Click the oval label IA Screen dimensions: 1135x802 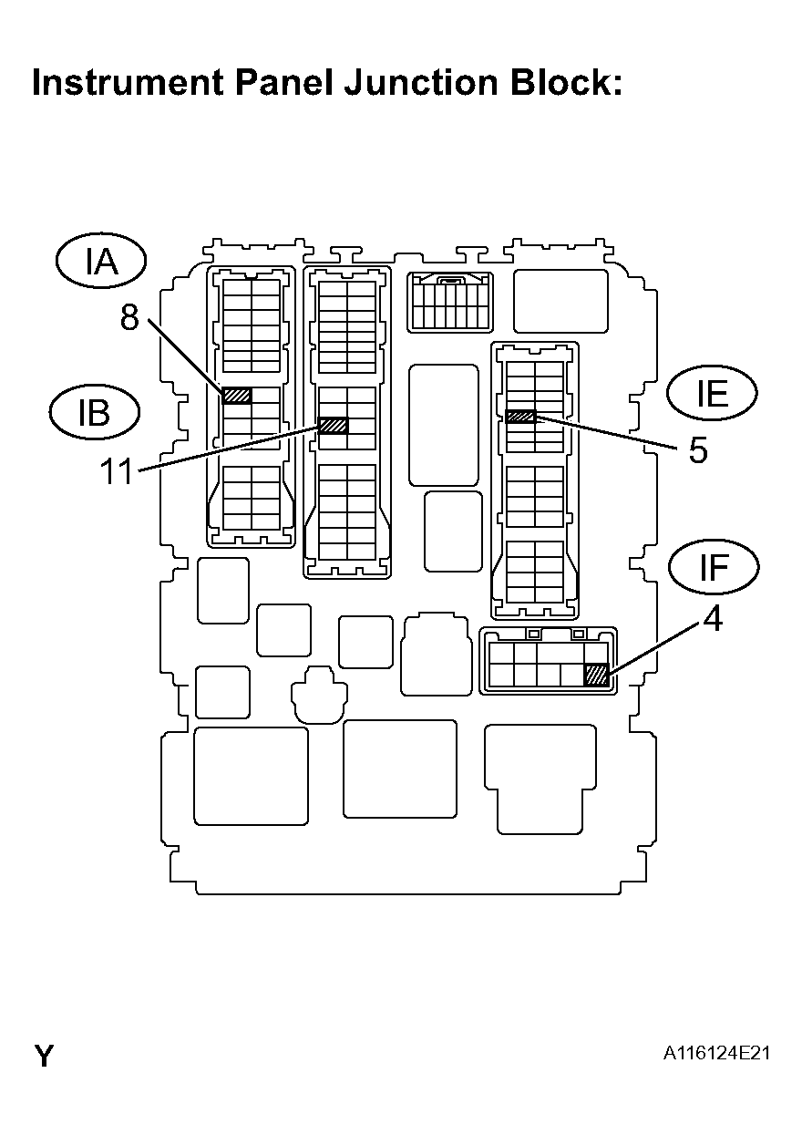(101, 262)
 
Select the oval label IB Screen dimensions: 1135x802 (94, 412)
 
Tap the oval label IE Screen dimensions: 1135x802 (712, 394)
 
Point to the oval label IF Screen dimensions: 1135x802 (714, 567)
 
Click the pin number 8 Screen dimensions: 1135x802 (129, 316)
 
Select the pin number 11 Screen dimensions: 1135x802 (118, 471)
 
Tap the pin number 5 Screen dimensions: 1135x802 (697, 450)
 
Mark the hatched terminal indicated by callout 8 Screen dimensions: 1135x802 (237, 396)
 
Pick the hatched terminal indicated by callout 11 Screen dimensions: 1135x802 (334, 425)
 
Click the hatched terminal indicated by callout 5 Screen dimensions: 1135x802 (520, 417)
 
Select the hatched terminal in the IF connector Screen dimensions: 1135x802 (596, 675)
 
